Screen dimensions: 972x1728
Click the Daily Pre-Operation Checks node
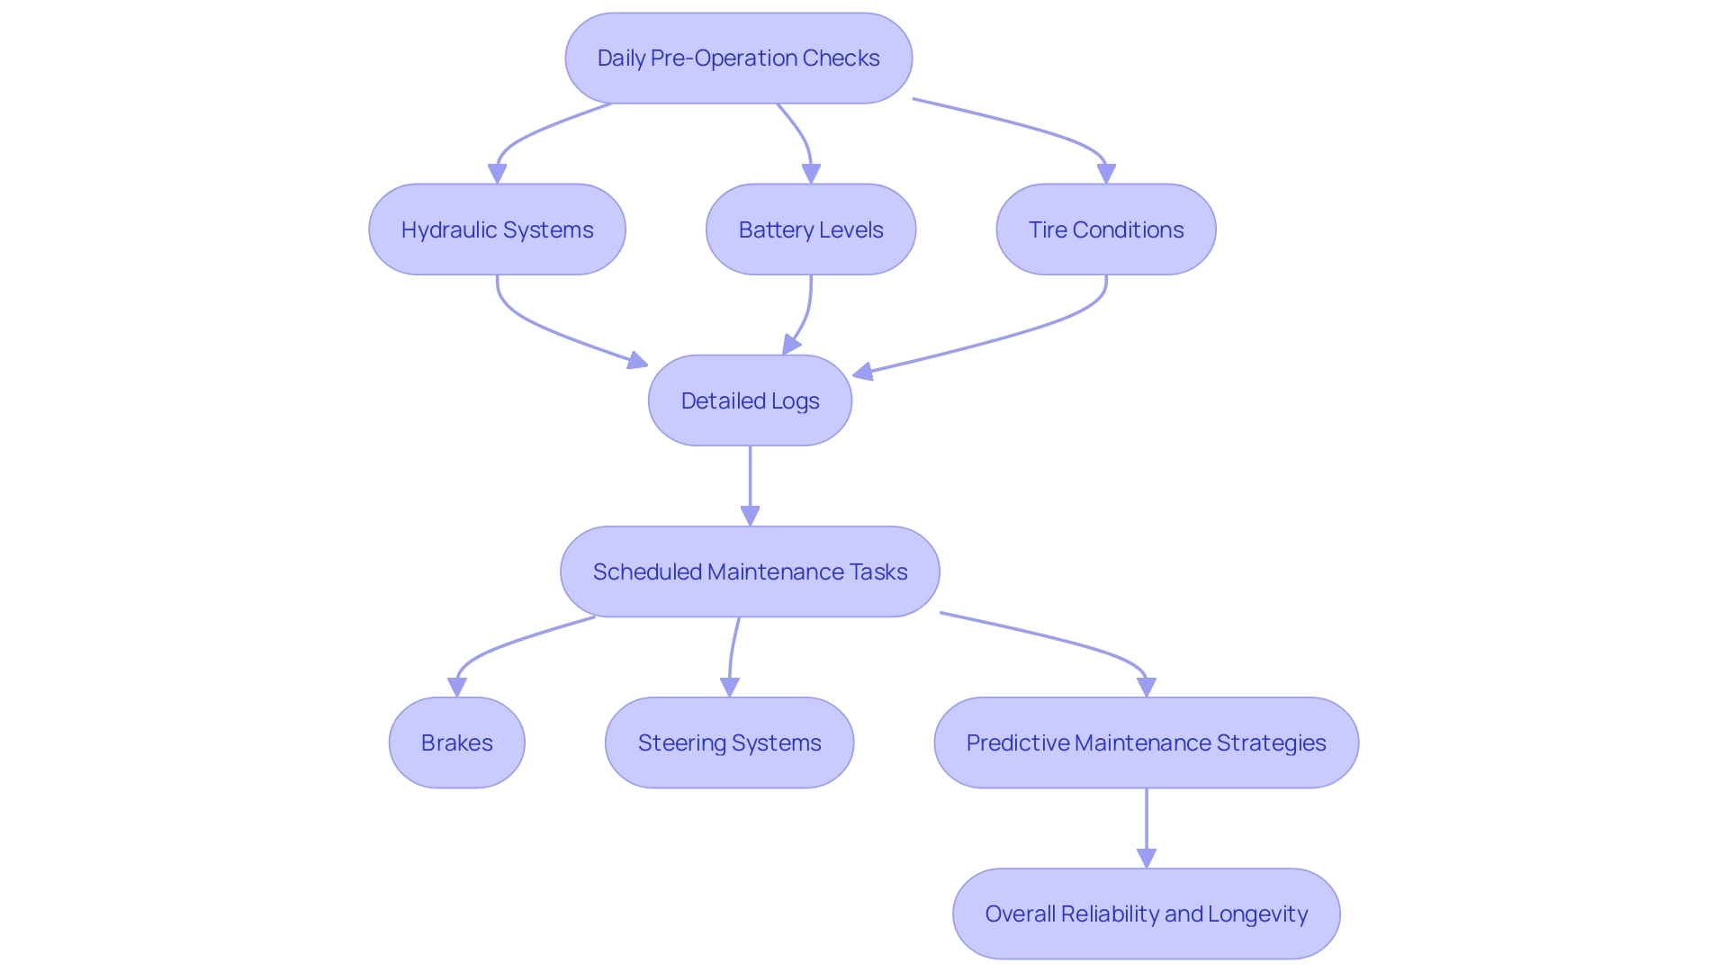[738, 58]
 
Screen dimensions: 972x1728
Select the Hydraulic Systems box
[497, 229]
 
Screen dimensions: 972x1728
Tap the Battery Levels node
[810, 229]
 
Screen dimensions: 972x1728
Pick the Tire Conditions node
[1105, 229]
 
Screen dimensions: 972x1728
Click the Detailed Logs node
[750, 400]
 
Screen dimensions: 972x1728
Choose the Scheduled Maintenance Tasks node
[750, 571]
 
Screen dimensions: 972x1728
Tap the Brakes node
[456, 742]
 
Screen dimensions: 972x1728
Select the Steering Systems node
[729, 742]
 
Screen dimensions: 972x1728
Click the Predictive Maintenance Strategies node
[1146, 742]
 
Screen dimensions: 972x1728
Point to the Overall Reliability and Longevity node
[1146, 913]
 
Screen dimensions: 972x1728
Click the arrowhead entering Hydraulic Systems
[497, 174]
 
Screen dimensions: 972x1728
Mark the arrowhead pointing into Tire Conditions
[1106, 174]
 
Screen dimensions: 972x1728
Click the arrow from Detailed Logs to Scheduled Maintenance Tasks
[750, 481]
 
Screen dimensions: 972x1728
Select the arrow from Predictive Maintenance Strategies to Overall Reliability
[1146, 823]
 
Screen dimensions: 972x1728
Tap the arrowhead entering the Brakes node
[457, 688]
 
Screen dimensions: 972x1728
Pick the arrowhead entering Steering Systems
[730, 688]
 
